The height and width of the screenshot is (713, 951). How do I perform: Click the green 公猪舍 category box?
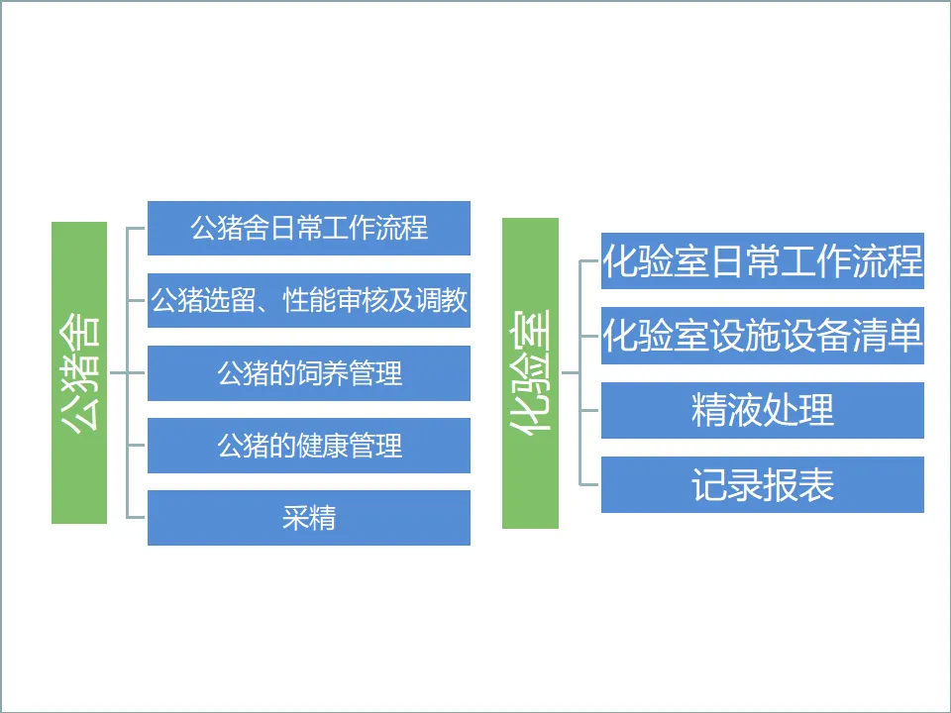click(79, 372)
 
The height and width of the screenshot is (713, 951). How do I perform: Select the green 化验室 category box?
click(530, 372)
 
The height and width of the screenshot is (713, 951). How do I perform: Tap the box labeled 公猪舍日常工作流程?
click(309, 228)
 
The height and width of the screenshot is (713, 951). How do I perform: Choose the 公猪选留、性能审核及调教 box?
click(309, 300)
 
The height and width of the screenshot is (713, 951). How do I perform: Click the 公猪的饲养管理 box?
click(309, 373)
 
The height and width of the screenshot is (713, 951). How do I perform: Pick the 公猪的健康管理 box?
click(309, 446)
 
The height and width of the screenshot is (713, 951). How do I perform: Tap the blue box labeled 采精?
click(309, 518)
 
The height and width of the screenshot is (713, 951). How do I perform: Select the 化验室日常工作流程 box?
click(763, 261)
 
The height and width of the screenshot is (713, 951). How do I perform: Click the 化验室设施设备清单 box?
click(763, 337)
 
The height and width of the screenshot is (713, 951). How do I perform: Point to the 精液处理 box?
click(763, 410)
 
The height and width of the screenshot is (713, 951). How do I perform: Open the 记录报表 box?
click(763, 484)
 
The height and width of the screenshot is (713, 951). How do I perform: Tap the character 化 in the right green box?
click(531, 416)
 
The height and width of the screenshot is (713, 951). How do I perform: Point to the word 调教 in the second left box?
click(442, 301)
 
